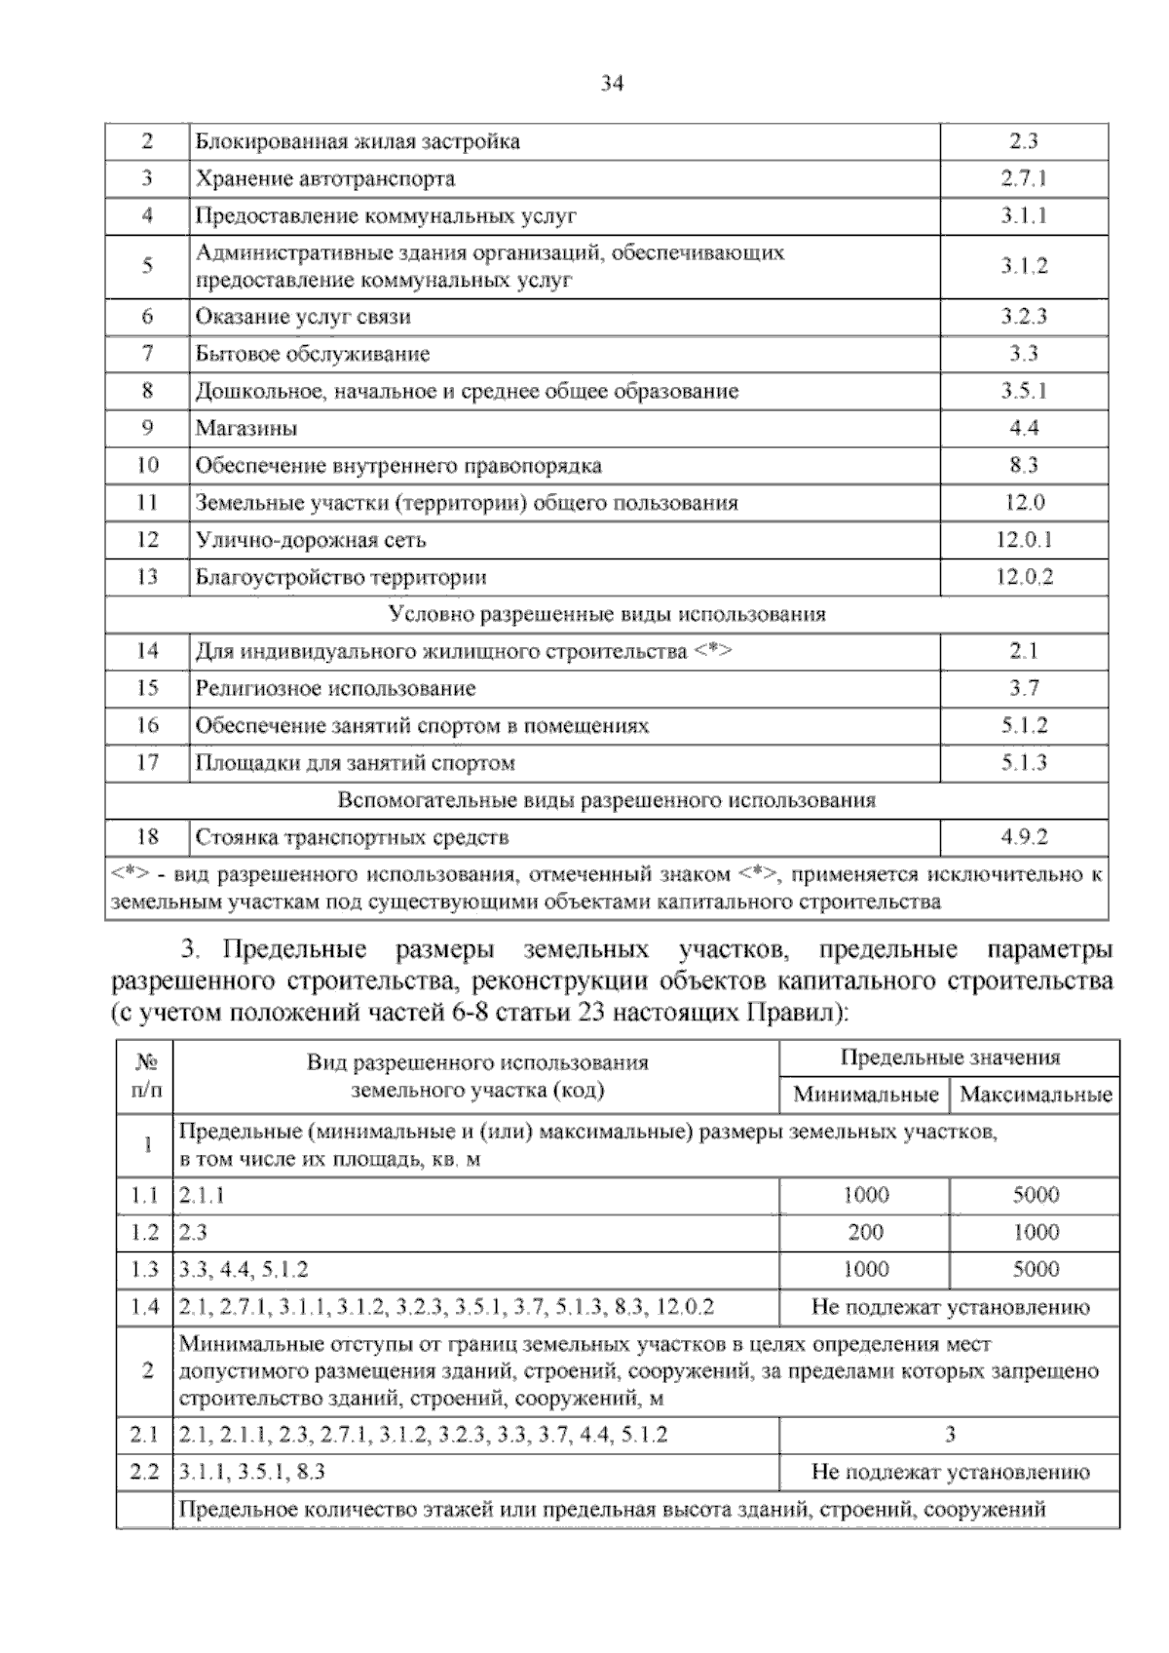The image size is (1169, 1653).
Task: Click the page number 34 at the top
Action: click(612, 85)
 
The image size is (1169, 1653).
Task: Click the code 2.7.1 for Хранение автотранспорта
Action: click(1023, 178)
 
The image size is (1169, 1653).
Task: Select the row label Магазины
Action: click(246, 428)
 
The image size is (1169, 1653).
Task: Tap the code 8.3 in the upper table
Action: click(1023, 465)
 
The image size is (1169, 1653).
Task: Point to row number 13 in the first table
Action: click(147, 577)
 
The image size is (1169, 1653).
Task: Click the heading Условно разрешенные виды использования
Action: click(606, 614)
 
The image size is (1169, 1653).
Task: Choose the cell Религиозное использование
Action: click(335, 688)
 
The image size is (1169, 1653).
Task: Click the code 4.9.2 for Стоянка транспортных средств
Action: click(1023, 837)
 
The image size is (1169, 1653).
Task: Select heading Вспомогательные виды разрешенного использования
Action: click(606, 800)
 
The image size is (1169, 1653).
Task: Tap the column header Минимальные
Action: click(865, 1095)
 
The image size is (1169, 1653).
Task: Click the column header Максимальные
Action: click(1036, 1095)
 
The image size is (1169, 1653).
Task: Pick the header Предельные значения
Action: click(950, 1057)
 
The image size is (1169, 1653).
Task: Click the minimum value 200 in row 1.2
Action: click(865, 1232)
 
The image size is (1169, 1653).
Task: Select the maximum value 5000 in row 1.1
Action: click(1036, 1195)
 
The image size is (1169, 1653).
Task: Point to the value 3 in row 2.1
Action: click(950, 1435)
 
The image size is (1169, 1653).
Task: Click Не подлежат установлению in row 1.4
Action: click(950, 1307)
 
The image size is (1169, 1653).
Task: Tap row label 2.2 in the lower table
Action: click(144, 1472)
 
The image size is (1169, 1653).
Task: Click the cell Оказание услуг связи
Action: click(303, 317)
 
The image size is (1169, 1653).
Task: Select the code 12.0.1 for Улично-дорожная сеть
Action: click(1023, 540)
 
